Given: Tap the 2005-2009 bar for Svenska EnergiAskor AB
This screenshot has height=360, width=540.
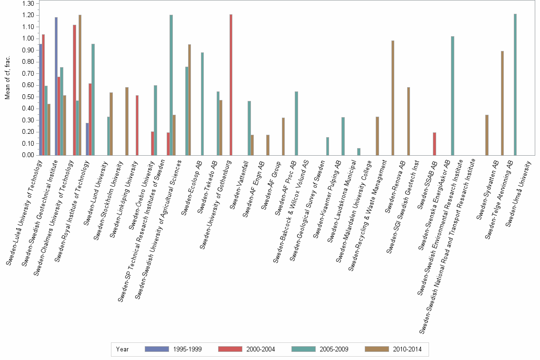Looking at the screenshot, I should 452,95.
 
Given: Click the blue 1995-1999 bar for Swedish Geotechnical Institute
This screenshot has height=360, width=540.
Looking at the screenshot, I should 56,86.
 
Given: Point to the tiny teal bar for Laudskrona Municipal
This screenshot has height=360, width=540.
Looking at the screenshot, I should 359,151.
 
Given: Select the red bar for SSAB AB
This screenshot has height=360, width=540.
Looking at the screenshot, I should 434,144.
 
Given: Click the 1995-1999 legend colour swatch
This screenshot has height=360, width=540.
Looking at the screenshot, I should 157,349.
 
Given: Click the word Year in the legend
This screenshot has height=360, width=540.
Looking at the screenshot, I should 122,349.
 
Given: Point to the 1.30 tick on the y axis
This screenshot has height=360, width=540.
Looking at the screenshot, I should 28,3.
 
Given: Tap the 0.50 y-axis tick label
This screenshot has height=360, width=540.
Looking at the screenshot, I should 28,97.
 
